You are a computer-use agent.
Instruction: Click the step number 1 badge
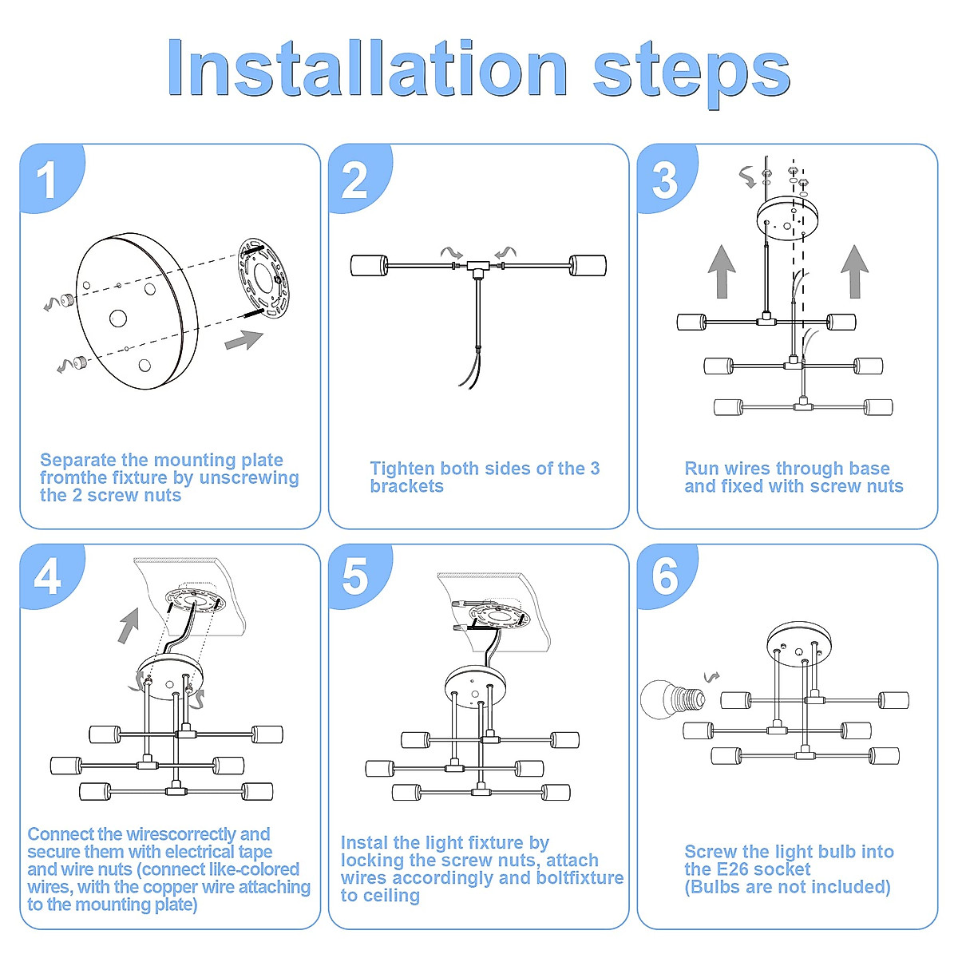(48, 180)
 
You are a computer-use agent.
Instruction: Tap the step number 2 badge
(355, 180)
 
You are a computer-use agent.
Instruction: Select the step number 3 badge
(664, 180)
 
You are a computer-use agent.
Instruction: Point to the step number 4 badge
(48, 576)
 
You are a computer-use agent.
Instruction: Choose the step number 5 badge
(355, 576)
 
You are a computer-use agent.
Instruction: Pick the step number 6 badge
(664, 576)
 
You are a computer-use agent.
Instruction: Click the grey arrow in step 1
(243, 340)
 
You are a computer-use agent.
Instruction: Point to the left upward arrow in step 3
(722, 271)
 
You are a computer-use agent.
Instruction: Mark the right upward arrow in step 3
(855, 271)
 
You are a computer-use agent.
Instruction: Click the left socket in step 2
(370, 265)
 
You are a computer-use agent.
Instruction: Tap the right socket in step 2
(588, 265)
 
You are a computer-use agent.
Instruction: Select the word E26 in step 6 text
(787, 869)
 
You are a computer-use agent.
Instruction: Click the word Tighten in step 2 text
(402, 469)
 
